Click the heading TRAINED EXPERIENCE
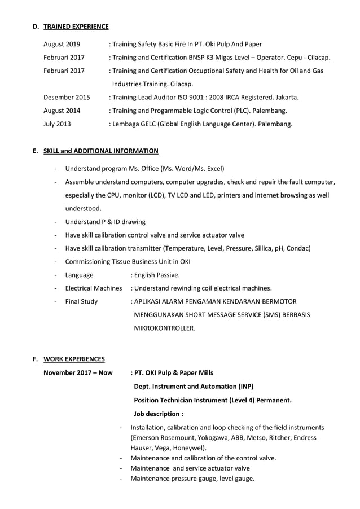(x=76, y=27)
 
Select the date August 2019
(x=62, y=44)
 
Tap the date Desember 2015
(x=67, y=97)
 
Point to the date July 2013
(x=57, y=124)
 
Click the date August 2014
(x=62, y=111)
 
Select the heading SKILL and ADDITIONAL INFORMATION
(x=100, y=151)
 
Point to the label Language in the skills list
(x=80, y=275)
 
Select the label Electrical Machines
(x=94, y=288)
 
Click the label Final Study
(x=81, y=301)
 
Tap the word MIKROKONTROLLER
(x=164, y=328)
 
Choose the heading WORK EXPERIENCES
(x=74, y=359)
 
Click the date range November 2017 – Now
(x=78, y=372)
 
